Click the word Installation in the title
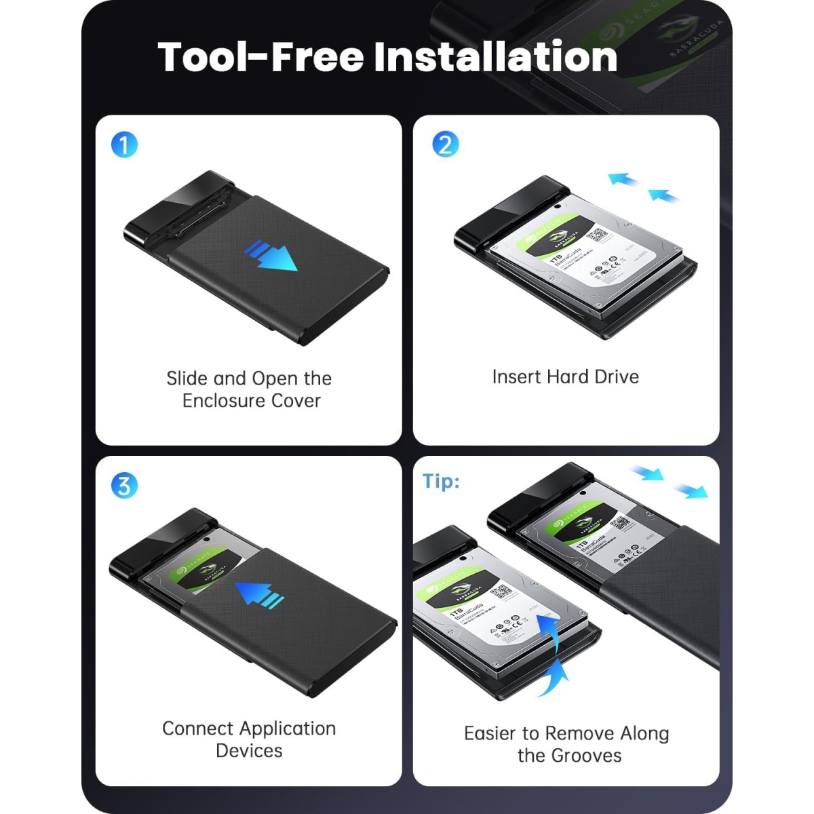point(496,56)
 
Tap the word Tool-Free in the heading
point(261,56)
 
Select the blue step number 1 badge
point(124,144)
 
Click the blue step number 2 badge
point(445,144)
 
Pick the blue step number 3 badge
point(124,485)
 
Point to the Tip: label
point(441,481)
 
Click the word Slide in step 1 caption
point(187,379)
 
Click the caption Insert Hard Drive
point(565,377)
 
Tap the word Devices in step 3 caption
point(249,751)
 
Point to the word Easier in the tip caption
point(491,733)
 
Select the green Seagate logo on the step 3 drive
point(185,573)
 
